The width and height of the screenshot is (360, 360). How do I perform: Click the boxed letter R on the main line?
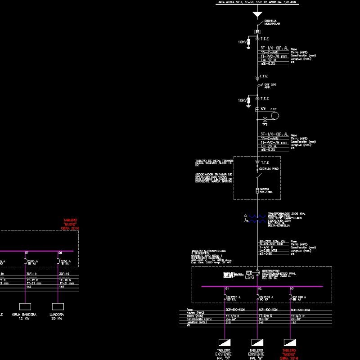(257, 32)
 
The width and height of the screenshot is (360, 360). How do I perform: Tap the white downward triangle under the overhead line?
(257, 14)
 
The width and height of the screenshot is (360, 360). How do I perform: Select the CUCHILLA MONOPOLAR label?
(270, 22)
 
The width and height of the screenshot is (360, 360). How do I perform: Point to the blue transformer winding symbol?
(256, 219)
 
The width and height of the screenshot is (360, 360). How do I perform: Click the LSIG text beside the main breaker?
(249, 277)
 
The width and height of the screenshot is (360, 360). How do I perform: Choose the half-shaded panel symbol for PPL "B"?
(256, 342)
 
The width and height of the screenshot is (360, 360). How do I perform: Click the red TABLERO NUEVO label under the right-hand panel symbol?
(289, 354)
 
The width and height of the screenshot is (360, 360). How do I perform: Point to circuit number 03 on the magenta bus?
(292, 288)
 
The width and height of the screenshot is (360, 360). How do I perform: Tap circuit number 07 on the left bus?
(27, 253)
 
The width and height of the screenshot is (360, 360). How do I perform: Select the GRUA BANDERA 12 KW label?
(24, 316)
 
